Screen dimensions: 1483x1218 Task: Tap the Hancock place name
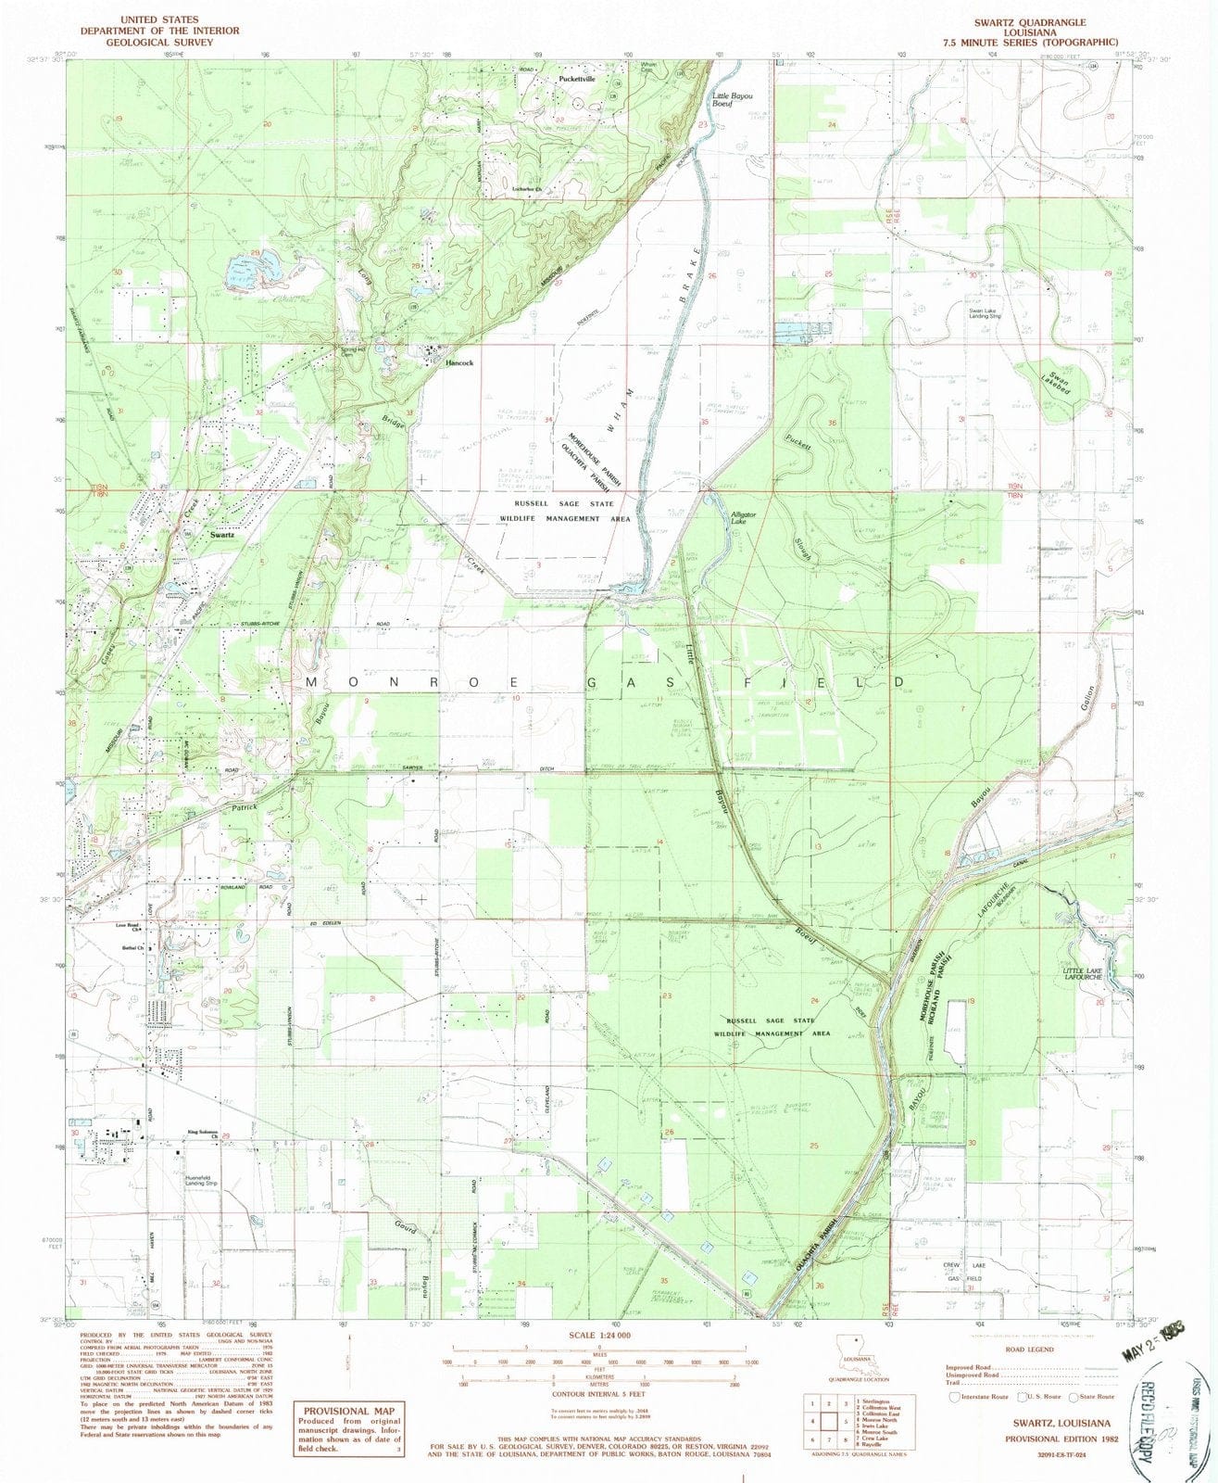click(459, 363)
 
